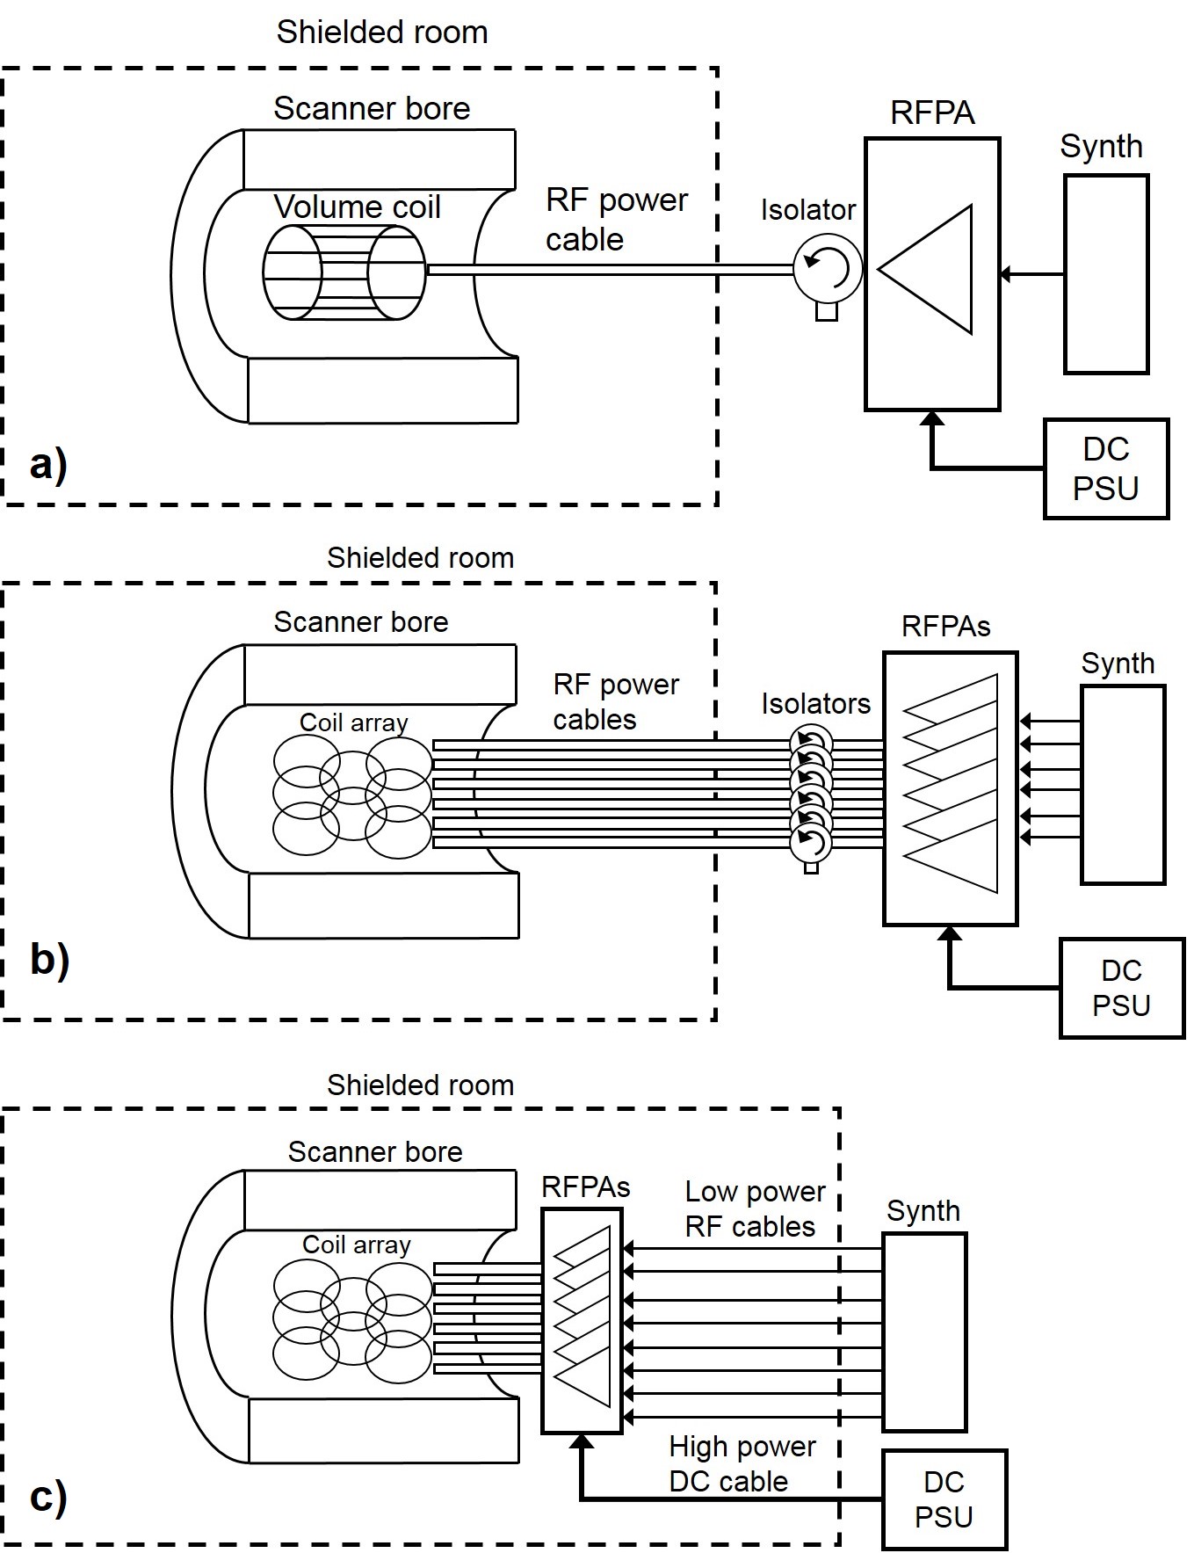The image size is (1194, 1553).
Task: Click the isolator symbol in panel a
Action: [x=827, y=269]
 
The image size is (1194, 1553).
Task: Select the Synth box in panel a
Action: [x=1105, y=274]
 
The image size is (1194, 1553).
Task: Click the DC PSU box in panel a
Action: [x=1105, y=468]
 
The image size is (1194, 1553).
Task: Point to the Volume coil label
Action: [x=357, y=207]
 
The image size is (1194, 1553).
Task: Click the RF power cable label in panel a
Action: [x=615, y=220]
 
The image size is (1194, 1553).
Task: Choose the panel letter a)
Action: [x=48, y=464]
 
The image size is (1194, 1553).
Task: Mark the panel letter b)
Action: [x=49, y=959]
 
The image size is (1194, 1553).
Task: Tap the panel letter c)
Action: [x=48, y=1497]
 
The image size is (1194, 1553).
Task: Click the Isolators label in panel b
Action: [x=815, y=704]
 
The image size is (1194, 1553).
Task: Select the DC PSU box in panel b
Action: [x=1121, y=988]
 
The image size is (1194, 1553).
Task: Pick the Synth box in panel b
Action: [x=1122, y=784]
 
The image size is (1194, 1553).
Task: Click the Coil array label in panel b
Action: [x=353, y=722]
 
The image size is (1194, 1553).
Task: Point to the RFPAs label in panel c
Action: [x=585, y=1187]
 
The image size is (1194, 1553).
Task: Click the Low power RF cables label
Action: [x=754, y=1208]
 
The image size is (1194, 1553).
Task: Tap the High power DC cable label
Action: [x=741, y=1463]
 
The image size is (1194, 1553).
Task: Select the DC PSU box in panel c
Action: [x=944, y=1499]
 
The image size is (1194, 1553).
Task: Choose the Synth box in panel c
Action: [x=923, y=1332]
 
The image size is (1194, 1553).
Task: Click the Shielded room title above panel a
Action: [x=381, y=33]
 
